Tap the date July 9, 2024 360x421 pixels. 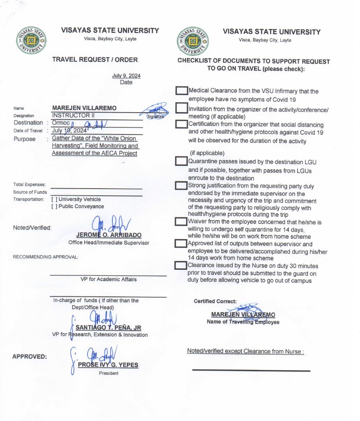[x=126, y=76]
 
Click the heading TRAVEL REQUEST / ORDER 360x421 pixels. [x=95, y=60]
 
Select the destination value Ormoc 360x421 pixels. [x=61, y=123]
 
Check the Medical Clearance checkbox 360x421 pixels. [x=182, y=91]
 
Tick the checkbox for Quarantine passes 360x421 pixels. [x=182, y=161]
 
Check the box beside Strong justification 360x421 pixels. [x=182, y=185]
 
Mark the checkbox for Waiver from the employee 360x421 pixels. [x=182, y=221]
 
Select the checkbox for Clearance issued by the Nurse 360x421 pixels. [x=182, y=265]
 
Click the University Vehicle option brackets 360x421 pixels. [x=54, y=199]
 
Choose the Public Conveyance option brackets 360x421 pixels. [x=54, y=207]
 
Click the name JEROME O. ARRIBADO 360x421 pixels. [x=109, y=235]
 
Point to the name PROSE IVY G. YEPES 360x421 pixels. [x=108, y=365]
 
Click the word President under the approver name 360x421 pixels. [x=108, y=373]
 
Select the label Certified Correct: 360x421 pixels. [x=215, y=301]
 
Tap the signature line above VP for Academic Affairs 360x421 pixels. [x=108, y=275]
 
